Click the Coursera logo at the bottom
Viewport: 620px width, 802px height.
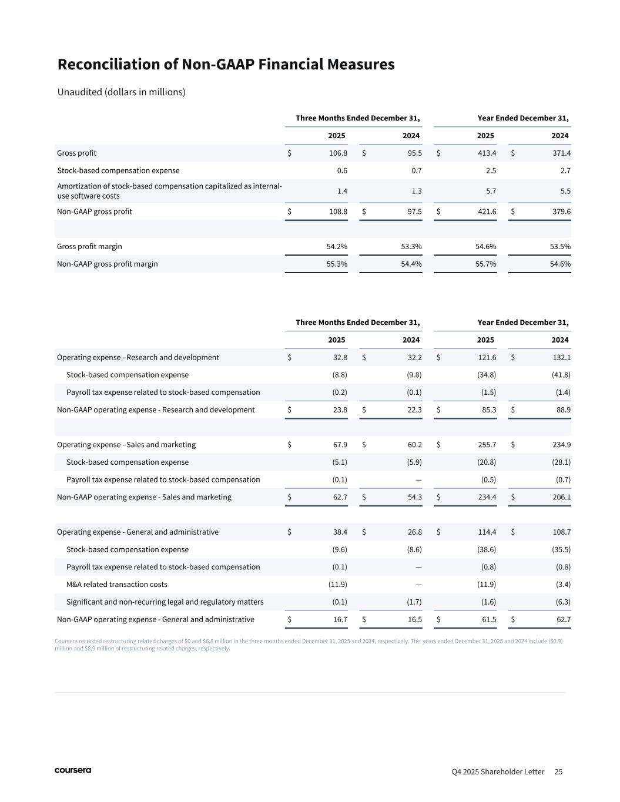[x=73, y=770]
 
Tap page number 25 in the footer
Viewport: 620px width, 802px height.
[x=558, y=771]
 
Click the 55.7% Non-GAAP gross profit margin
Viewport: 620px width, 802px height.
[x=486, y=264]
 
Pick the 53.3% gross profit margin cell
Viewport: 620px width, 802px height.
[x=411, y=247]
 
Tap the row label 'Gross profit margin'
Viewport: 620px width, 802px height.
[x=89, y=247]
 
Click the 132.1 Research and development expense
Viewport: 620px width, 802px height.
[x=561, y=357]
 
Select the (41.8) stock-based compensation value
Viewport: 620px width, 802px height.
[x=560, y=375]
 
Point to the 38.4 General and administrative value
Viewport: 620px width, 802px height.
[x=340, y=532]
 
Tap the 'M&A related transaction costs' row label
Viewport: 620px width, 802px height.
[x=117, y=585]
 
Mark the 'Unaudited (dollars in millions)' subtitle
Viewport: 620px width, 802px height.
[x=122, y=92]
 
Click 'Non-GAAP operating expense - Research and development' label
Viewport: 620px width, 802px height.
[x=156, y=410]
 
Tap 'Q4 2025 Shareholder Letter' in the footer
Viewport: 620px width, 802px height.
[x=498, y=771]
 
